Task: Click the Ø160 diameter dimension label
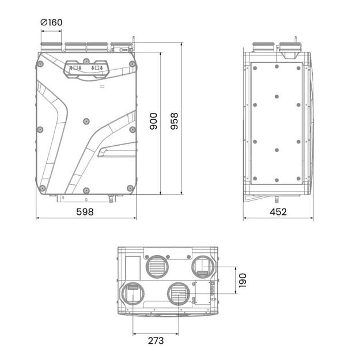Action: click(51, 22)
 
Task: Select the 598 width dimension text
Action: click(85, 212)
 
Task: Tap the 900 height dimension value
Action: click(153, 121)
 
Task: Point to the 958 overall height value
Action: click(175, 121)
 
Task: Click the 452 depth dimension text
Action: click(278, 212)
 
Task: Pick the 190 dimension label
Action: click(242, 281)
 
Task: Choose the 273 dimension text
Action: click(156, 341)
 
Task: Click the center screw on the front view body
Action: click(86, 121)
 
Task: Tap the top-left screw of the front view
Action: click(40, 64)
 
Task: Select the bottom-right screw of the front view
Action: click(130, 188)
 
